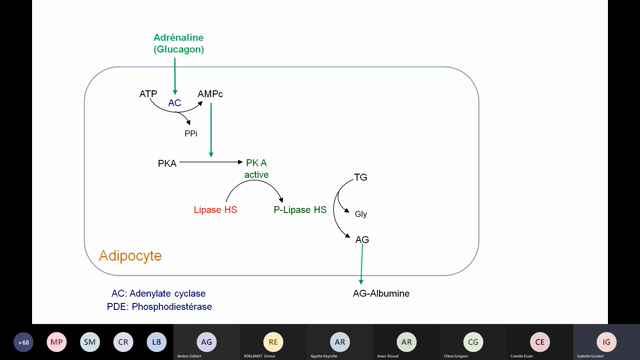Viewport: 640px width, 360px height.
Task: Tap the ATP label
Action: click(x=148, y=93)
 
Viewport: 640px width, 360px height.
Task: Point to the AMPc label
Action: click(x=211, y=93)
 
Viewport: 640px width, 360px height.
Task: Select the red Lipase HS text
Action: click(x=215, y=210)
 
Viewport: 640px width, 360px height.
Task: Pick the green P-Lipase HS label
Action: click(x=299, y=210)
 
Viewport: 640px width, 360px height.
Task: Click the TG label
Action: click(x=361, y=178)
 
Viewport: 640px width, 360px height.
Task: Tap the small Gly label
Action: click(x=361, y=214)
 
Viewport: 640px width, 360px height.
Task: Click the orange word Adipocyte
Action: click(x=130, y=257)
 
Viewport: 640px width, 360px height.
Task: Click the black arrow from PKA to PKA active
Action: click(x=210, y=162)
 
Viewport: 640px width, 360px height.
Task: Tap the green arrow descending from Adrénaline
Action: click(x=175, y=74)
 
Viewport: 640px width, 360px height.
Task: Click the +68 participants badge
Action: click(x=24, y=341)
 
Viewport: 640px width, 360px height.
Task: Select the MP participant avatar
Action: click(x=57, y=341)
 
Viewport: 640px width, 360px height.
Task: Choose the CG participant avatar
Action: click(x=473, y=341)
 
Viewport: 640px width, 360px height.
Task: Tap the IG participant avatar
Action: click(x=604, y=340)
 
